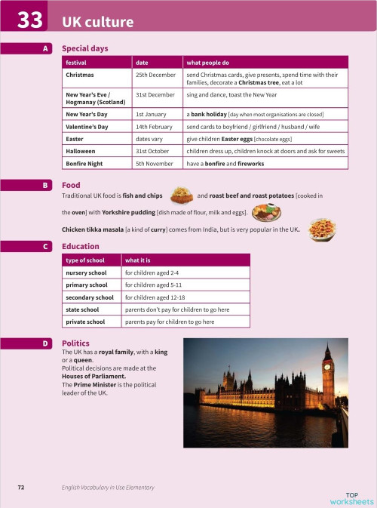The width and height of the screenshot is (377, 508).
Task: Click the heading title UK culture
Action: point(97,21)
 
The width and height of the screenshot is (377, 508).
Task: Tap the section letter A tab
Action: point(46,48)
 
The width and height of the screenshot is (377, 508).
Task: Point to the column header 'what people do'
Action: point(207,62)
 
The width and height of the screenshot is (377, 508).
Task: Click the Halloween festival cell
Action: point(81,151)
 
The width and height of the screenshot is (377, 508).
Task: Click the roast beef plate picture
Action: point(265,212)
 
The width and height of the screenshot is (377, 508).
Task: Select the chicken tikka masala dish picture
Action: point(322,228)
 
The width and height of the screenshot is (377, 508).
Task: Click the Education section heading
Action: point(80,246)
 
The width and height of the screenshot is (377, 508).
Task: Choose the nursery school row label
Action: point(87,272)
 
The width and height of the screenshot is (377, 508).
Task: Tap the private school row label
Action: point(85,322)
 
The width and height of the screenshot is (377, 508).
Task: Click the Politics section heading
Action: point(75,343)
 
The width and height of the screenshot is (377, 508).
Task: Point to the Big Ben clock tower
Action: point(327,377)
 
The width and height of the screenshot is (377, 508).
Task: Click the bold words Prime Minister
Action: point(96,385)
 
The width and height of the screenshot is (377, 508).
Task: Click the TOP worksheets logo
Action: point(351,497)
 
